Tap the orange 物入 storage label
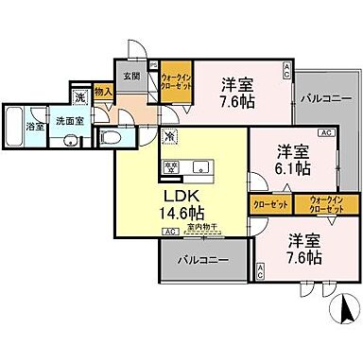point(105,92)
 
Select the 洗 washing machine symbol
point(81,97)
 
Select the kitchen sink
point(200,166)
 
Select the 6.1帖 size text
point(294,170)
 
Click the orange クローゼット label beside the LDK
point(269,202)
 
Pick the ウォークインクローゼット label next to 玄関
point(176,81)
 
